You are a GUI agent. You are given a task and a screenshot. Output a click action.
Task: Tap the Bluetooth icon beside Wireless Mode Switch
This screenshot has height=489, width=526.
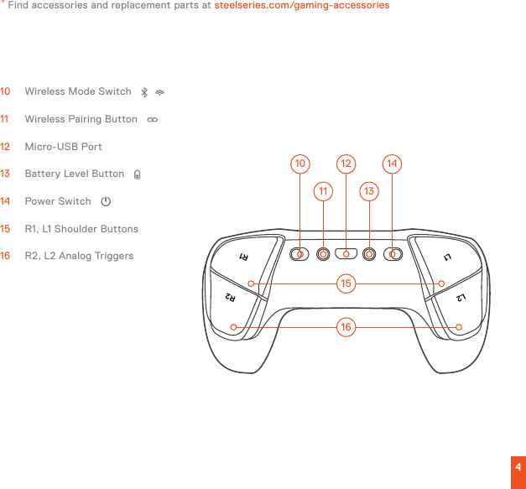144,91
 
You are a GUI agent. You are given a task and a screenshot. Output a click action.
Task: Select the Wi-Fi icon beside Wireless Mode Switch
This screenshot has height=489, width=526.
159,91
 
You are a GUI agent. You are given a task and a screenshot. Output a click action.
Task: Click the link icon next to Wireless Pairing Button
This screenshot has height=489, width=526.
152,120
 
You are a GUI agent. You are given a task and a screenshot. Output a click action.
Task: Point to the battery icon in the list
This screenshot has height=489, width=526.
137,174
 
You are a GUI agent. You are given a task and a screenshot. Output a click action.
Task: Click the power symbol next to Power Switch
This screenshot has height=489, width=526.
106,202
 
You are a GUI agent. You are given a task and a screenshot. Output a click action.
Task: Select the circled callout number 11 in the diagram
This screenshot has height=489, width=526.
324,192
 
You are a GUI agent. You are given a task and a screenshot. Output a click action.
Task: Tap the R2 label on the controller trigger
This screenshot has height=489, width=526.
232,297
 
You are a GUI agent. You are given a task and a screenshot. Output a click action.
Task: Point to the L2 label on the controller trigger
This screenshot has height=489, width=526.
461,297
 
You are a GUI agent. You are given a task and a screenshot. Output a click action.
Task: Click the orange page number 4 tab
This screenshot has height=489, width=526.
518,467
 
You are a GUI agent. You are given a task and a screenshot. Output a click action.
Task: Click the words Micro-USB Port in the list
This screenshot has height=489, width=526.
64,147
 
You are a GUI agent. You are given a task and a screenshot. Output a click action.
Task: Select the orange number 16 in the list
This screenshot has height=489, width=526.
6,256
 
